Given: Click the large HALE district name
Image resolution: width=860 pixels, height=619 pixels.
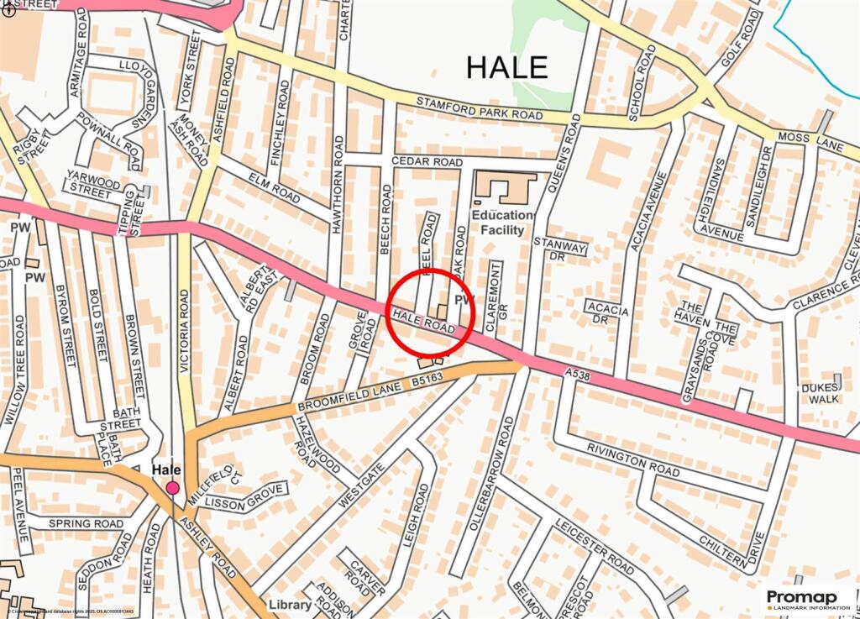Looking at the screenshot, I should point(506,67).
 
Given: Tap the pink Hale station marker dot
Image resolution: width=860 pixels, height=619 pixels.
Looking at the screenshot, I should point(173,488).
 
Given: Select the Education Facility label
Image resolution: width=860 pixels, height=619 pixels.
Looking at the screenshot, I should point(502,223).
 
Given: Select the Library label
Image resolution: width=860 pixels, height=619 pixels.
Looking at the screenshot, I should point(284,605).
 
